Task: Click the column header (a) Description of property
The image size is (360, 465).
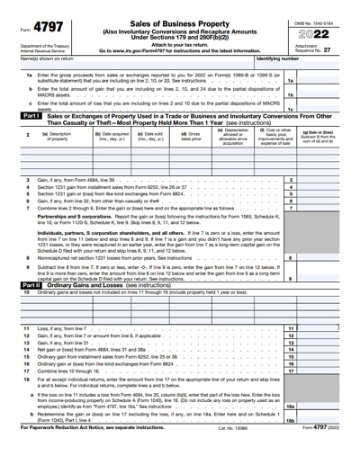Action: tap(59, 137)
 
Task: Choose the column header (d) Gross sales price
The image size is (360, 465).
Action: tap(190, 137)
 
